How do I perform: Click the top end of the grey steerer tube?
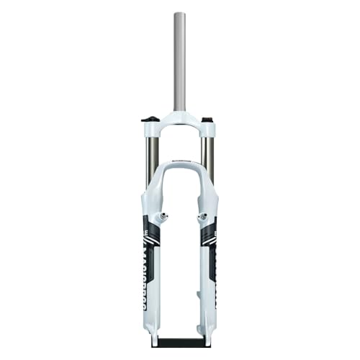click(179, 14)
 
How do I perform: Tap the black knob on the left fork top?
click(149, 119)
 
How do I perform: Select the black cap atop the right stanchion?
click(207, 119)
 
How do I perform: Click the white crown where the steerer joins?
click(179, 118)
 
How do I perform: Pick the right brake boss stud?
click(202, 216)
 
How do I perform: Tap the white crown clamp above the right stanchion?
click(208, 130)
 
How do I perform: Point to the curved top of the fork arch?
click(179, 165)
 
